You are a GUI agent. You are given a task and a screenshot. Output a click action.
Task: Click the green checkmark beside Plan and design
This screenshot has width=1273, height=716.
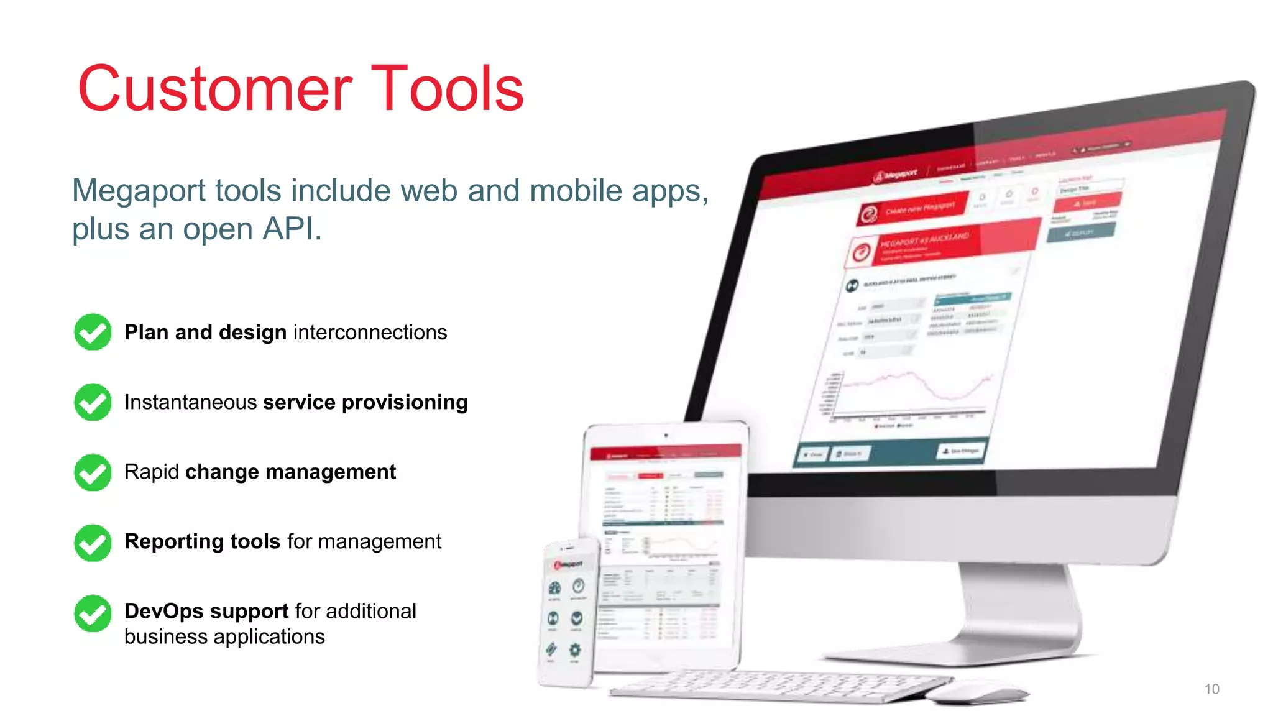[x=93, y=332]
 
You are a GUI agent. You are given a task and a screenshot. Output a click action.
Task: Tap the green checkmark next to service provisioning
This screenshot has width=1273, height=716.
[x=93, y=402]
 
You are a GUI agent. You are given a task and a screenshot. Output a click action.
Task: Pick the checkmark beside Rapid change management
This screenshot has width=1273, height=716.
[x=93, y=472]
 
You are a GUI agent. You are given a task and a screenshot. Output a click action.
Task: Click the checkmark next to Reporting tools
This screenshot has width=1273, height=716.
[x=93, y=543]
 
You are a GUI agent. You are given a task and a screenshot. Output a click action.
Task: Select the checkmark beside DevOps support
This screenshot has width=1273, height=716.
[x=93, y=613]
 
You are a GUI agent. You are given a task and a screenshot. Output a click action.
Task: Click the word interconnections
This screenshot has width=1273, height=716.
[x=370, y=333]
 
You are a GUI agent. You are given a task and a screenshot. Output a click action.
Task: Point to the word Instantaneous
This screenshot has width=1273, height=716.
[x=190, y=402]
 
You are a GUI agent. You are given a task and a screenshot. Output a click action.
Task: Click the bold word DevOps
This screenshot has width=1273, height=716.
[x=163, y=611]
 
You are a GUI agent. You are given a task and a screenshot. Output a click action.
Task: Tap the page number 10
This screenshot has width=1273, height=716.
[x=1211, y=689]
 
